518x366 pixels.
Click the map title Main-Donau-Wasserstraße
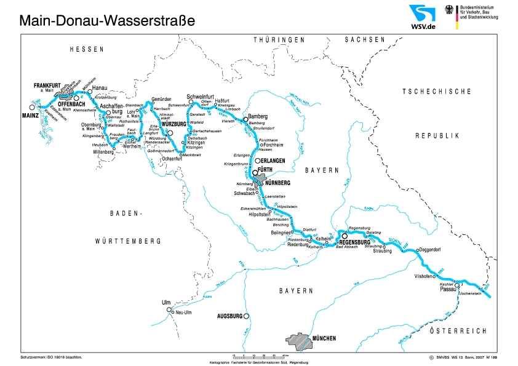[x=107, y=20]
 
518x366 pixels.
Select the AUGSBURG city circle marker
[x=246, y=316]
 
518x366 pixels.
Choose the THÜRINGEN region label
[x=279, y=39]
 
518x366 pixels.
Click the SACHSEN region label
[x=365, y=39]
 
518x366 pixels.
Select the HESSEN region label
[x=86, y=49]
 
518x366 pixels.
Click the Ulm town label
[x=165, y=303]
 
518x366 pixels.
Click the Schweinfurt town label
[x=200, y=97]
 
